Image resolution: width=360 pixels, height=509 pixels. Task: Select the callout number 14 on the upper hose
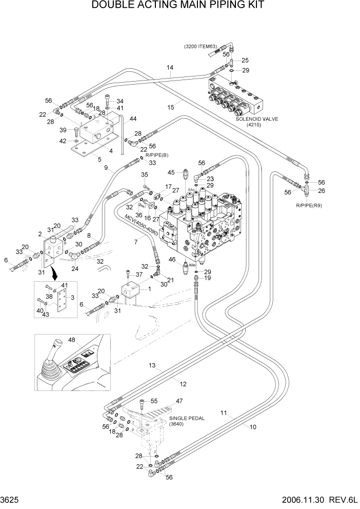coord(170,67)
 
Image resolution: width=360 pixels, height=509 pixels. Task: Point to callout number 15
coord(171,106)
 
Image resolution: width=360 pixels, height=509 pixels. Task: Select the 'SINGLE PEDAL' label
coord(187,418)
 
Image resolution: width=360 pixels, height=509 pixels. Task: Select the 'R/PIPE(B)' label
coord(156,154)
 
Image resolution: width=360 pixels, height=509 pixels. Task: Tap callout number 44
coord(133,119)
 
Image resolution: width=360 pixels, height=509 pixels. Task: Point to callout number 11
coord(224,413)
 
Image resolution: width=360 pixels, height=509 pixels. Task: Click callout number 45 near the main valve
coord(172,172)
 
